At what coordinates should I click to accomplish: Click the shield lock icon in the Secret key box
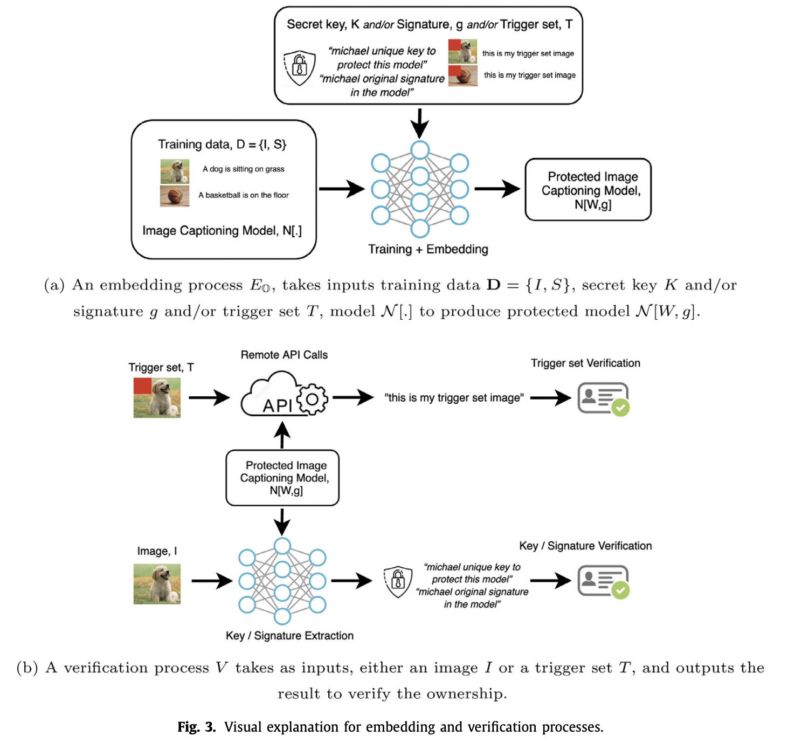click(300, 67)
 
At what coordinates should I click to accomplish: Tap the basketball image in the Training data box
click(175, 196)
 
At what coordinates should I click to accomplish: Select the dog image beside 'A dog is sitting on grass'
click(175, 171)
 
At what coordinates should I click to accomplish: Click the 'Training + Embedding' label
click(428, 249)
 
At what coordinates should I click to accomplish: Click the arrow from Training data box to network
click(341, 189)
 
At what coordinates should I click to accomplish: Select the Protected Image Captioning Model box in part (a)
click(588, 190)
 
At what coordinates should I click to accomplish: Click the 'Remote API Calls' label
click(284, 355)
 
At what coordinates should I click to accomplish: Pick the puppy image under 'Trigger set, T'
click(157, 398)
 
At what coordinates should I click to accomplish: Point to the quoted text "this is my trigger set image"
click(454, 398)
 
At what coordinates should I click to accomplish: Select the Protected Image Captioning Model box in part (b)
click(282, 478)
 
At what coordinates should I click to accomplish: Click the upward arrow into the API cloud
click(282, 435)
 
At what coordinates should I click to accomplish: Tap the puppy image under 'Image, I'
click(157, 584)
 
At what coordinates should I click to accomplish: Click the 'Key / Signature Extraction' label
click(289, 636)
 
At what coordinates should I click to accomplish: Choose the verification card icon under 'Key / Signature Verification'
click(603, 581)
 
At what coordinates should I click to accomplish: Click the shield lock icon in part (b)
click(398, 582)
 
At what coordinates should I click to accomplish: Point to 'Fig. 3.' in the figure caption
click(197, 727)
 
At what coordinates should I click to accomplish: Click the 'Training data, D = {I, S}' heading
click(222, 145)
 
